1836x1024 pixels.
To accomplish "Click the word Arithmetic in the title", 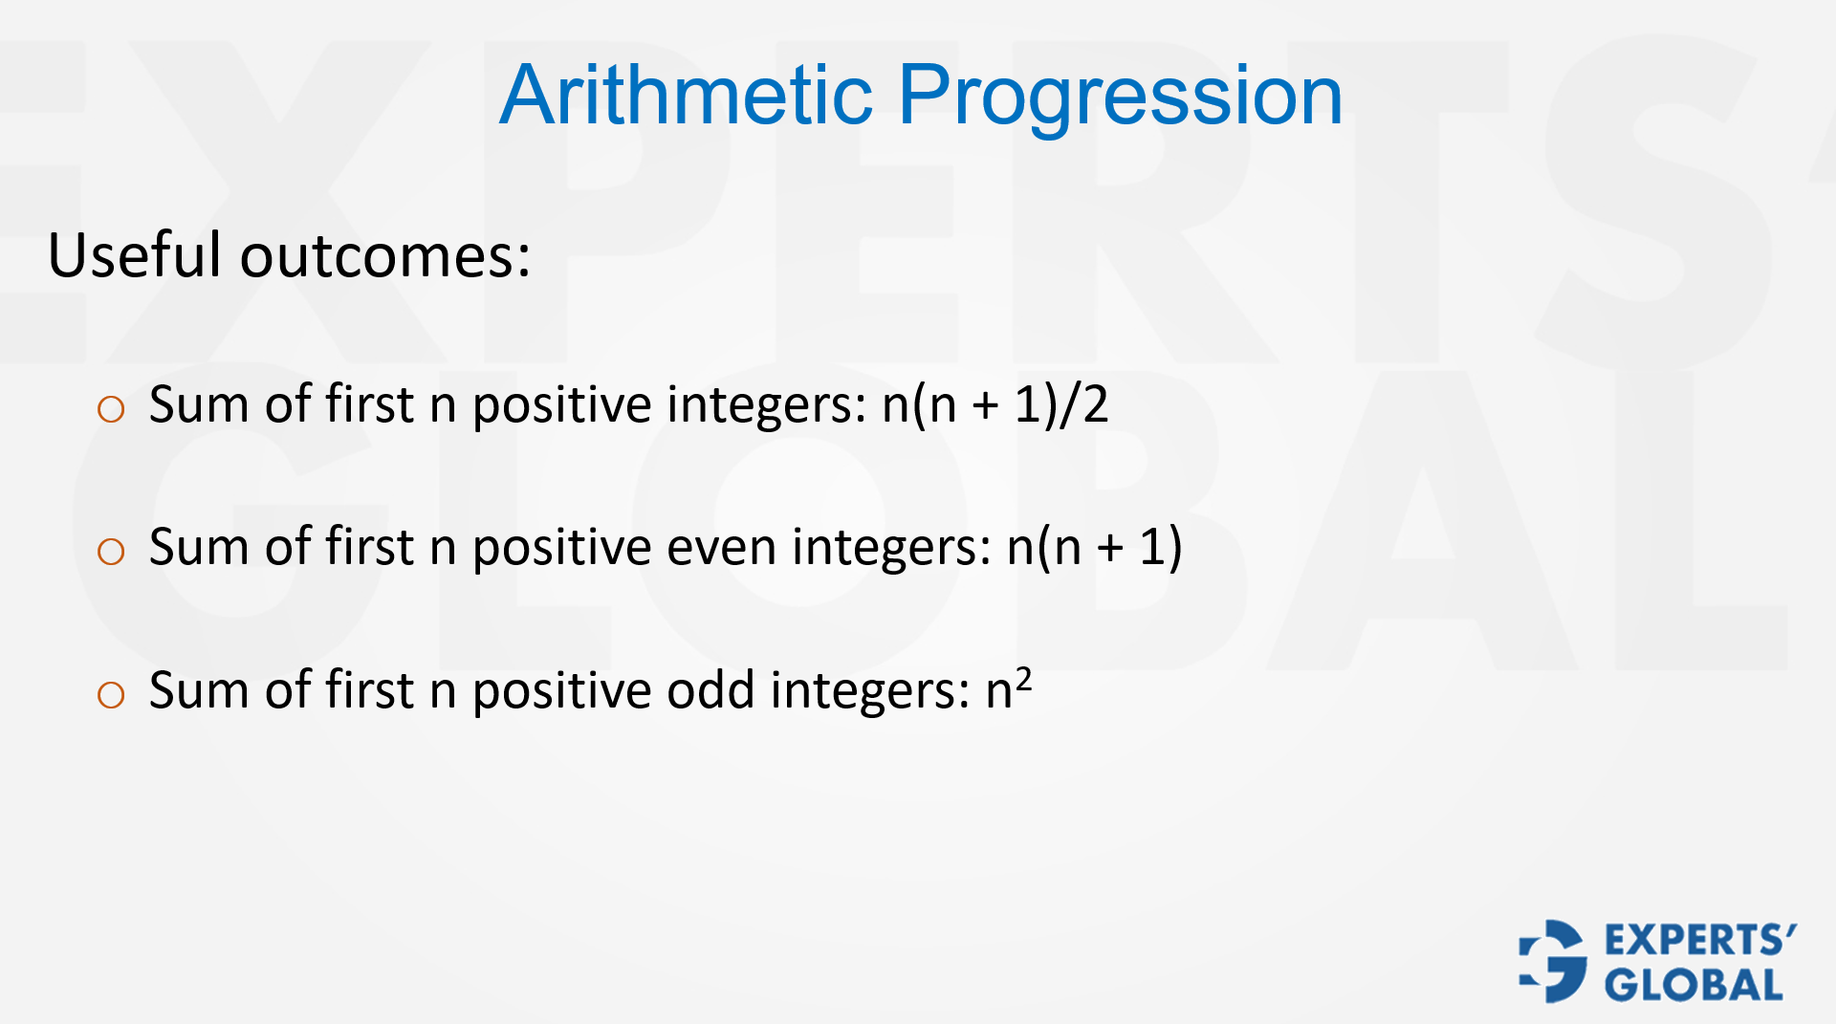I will coord(686,95).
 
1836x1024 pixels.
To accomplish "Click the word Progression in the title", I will coord(1120,95).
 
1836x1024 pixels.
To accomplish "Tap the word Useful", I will coord(135,256).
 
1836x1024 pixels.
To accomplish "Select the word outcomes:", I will coord(384,256).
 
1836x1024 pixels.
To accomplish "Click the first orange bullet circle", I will coord(111,410).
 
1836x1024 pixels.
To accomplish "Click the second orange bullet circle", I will coord(111,552).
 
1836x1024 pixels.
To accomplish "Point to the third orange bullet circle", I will coord(111,695).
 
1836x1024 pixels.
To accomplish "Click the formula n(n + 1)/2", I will coord(994,404).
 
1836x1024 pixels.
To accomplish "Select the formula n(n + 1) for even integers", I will coord(1094,548).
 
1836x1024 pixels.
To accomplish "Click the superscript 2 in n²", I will coord(1023,678).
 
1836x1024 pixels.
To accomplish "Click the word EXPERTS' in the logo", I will coord(1700,941).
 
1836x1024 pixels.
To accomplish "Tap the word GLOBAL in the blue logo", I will coord(1694,985).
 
